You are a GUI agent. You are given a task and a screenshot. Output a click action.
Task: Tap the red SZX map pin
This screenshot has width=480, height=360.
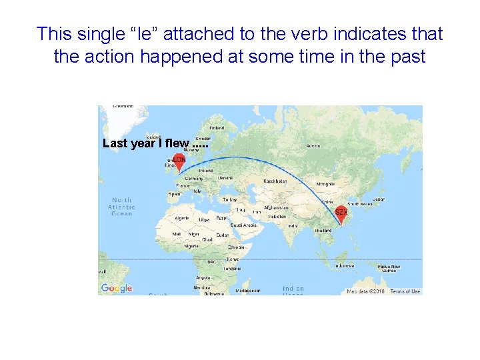click(x=341, y=213)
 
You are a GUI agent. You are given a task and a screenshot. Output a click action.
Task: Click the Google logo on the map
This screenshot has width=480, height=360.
click(x=117, y=288)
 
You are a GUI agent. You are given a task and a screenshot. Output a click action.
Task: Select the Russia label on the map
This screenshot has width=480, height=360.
click(x=312, y=146)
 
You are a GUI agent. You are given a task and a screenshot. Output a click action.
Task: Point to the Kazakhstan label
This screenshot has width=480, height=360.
click(x=275, y=181)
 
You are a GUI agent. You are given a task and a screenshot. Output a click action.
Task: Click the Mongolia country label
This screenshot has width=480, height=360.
click(x=325, y=183)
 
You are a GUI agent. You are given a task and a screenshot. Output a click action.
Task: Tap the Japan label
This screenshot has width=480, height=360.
click(x=378, y=199)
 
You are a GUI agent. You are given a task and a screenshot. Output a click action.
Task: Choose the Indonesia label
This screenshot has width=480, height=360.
click(x=344, y=265)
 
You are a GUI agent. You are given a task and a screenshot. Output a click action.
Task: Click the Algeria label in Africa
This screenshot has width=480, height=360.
click(x=181, y=218)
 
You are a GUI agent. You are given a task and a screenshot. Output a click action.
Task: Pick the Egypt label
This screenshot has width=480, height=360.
click(x=222, y=218)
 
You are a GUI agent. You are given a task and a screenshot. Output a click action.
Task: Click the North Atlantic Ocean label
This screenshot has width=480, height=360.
click(x=121, y=207)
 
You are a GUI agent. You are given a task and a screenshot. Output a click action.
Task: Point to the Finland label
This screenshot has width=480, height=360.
click(x=217, y=127)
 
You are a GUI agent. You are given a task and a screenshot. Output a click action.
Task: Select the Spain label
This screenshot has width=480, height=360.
click(x=175, y=194)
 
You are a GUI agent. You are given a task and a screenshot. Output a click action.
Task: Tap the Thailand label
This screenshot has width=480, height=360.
click(x=323, y=231)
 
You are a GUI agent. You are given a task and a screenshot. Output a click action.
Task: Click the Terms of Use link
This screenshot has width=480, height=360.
click(x=405, y=291)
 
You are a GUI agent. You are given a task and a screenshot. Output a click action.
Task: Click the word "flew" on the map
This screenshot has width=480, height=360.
click(x=177, y=143)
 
